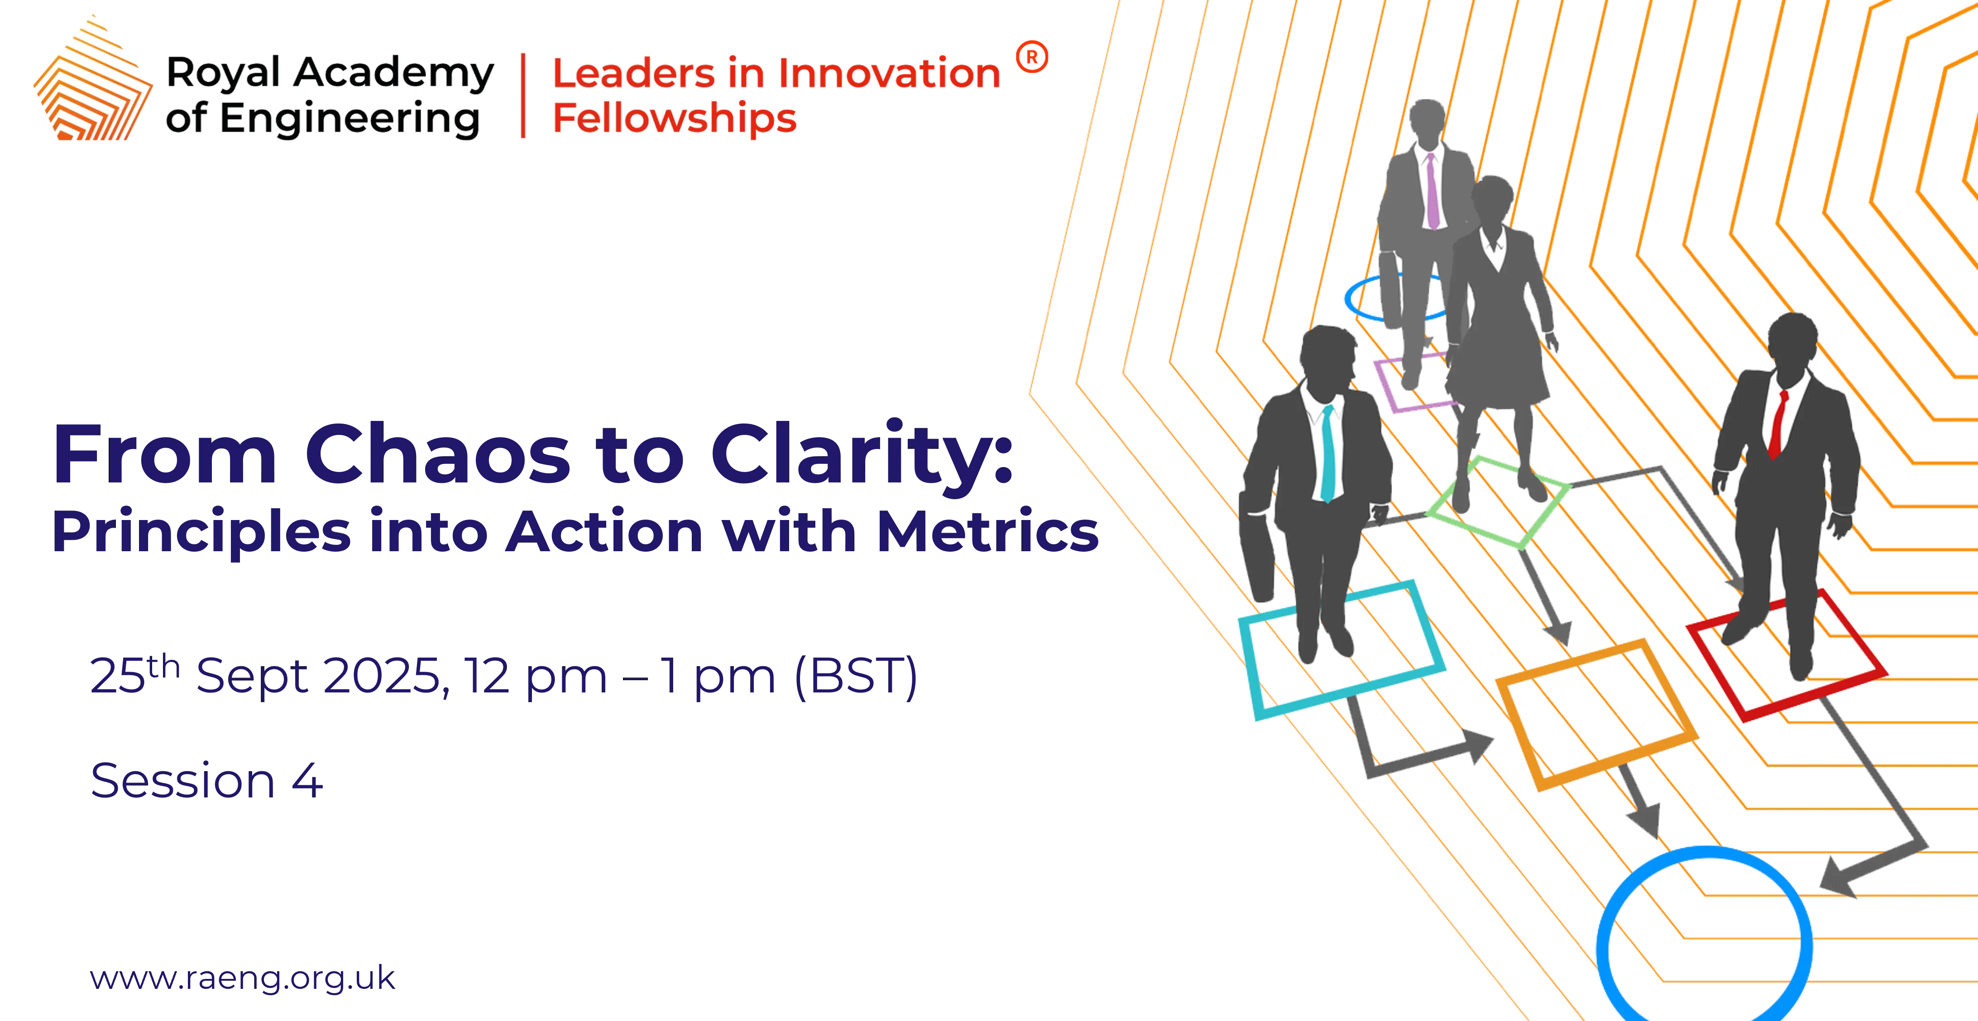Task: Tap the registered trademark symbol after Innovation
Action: (x=1032, y=57)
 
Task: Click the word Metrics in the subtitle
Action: (x=988, y=531)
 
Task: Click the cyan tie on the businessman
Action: (x=1327, y=453)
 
